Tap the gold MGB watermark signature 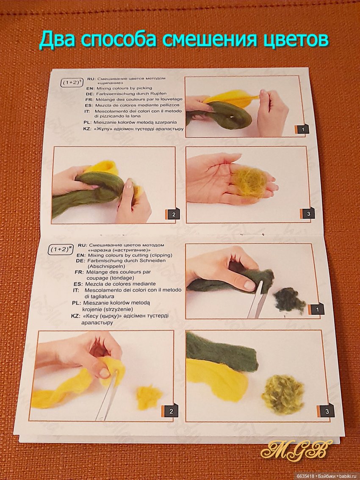(296, 450)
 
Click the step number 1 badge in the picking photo (302, 129)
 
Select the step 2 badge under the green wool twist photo (173, 214)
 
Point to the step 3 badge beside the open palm (307, 214)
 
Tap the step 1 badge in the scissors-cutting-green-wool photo (316, 310)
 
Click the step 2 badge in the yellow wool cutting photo (169, 411)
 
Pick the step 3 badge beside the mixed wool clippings (326, 411)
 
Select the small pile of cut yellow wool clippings (149, 397)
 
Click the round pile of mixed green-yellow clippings (283, 394)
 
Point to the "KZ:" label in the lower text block (75, 316)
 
